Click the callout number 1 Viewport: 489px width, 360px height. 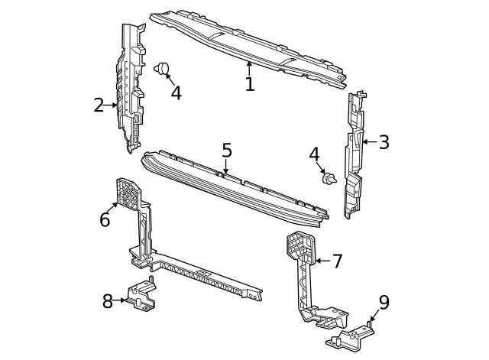pos(249,83)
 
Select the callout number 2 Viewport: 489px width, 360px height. pos(99,105)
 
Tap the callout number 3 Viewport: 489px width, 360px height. pos(384,141)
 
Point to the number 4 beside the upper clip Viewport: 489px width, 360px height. pos(176,93)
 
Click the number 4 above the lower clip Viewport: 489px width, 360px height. pos(314,154)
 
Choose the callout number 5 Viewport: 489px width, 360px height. pos(227,150)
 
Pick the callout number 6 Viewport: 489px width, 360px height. pos(105,220)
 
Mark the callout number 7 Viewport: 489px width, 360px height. pos(337,261)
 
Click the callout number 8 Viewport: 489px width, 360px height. pos(108,301)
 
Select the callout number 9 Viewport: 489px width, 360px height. pos(384,302)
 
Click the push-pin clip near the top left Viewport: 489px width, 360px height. pos(161,70)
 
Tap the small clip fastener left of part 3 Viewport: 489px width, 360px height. pos(329,179)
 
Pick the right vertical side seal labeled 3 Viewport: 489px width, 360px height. pos(355,153)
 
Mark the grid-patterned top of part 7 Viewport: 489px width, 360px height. pos(298,247)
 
